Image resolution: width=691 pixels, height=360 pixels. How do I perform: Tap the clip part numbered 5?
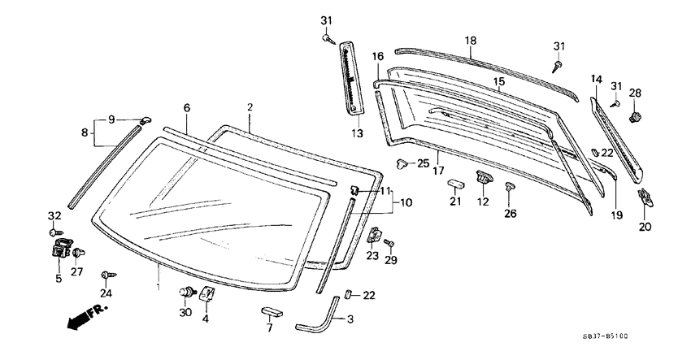click(x=59, y=248)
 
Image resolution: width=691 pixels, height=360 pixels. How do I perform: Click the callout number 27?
click(x=76, y=272)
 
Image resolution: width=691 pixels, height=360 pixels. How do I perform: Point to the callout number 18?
click(x=471, y=40)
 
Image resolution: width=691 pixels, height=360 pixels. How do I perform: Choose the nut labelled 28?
click(x=635, y=117)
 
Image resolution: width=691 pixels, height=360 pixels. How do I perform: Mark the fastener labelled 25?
click(x=404, y=163)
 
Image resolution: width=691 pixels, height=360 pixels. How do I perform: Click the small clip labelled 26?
click(x=509, y=189)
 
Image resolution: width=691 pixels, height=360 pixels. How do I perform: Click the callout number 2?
click(x=250, y=107)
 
